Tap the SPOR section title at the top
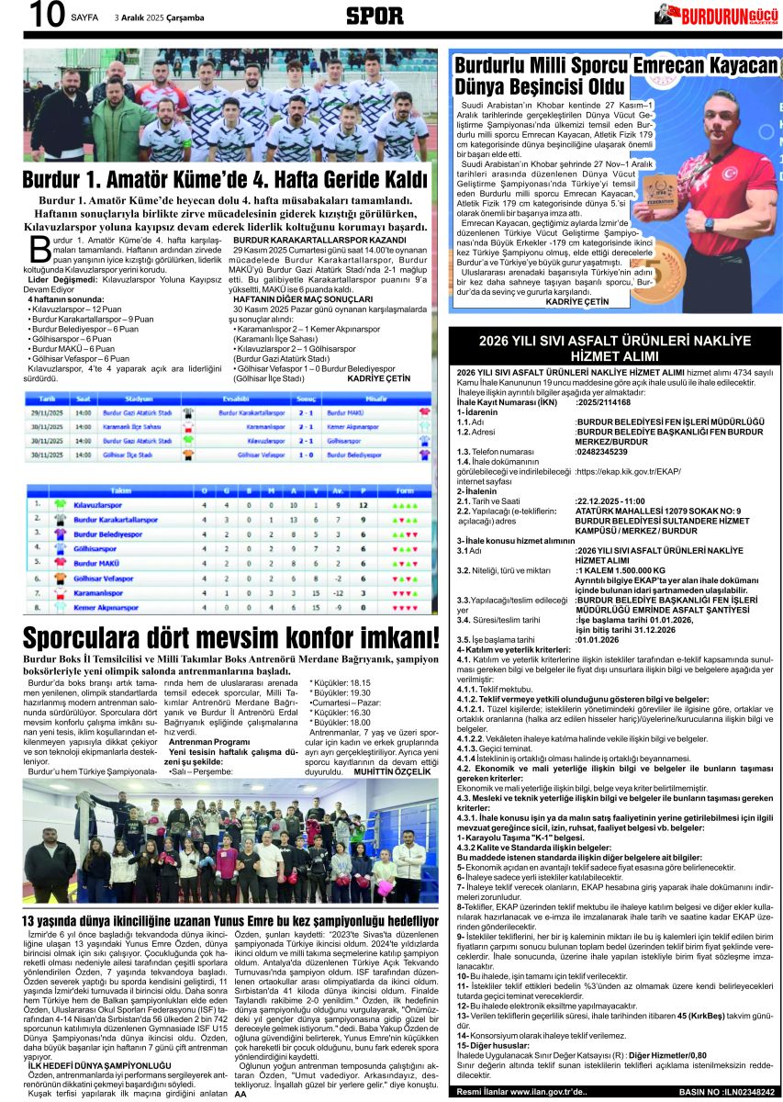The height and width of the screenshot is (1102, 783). pyautogui.click(x=374, y=16)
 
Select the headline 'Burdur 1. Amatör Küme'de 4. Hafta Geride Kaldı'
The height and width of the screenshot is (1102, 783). pyautogui.click(x=225, y=179)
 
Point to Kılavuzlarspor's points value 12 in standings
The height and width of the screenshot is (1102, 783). pyautogui.click(x=364, y=504)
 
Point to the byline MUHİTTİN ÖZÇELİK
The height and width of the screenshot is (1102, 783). pyautogui.click(x=392, y=772)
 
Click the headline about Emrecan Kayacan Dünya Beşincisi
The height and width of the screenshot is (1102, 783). pyautogui.click(x=616, y=78)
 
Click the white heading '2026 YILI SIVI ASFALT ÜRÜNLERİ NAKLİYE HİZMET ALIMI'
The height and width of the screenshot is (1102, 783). pyautogui.click(x=614, y=348)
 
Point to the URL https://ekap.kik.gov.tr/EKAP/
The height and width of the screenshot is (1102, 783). pyautogui.click(x=628, y=471)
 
